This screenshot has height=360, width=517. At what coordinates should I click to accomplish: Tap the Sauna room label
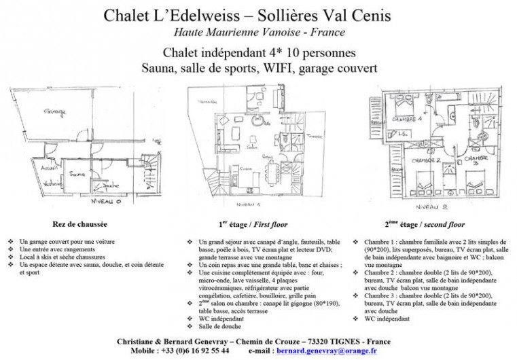pos(77,173)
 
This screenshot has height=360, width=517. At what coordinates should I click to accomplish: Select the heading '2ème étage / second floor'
pos(425,222)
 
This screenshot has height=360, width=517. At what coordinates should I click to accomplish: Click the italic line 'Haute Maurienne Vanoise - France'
pos(259,33)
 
